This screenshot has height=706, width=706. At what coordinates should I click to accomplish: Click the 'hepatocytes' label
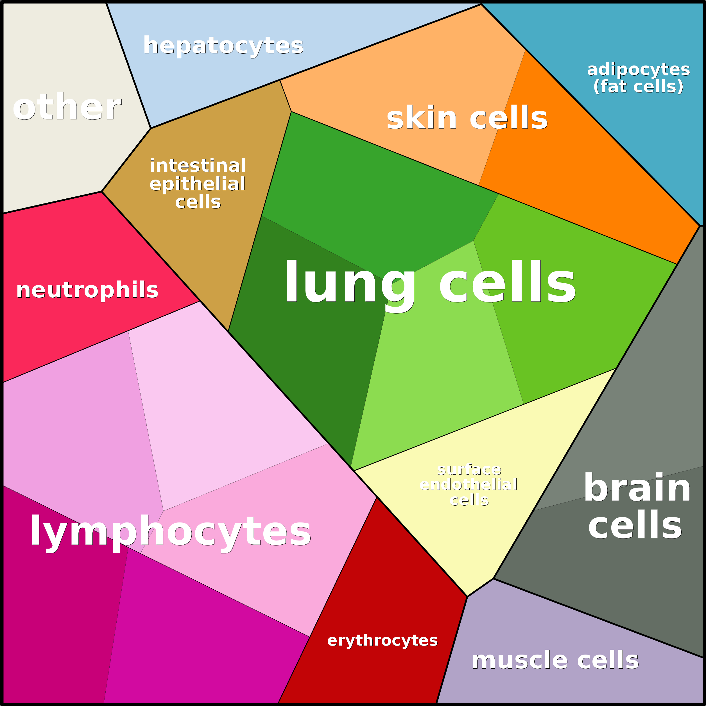tap(223, 46)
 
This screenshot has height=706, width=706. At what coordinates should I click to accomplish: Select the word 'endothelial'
tap(469, 485)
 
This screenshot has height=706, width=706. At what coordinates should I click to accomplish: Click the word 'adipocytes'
tap(638, 69)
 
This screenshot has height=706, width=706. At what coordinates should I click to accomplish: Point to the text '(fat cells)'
tap(638, 87)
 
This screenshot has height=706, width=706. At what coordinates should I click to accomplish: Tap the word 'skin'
tap(422, 118)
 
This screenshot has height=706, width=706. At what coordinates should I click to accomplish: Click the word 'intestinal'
tap(198, 166)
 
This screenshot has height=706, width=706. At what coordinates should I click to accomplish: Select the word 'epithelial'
tap(197, 184)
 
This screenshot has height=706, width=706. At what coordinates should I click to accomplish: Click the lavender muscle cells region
tap(548, 628)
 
